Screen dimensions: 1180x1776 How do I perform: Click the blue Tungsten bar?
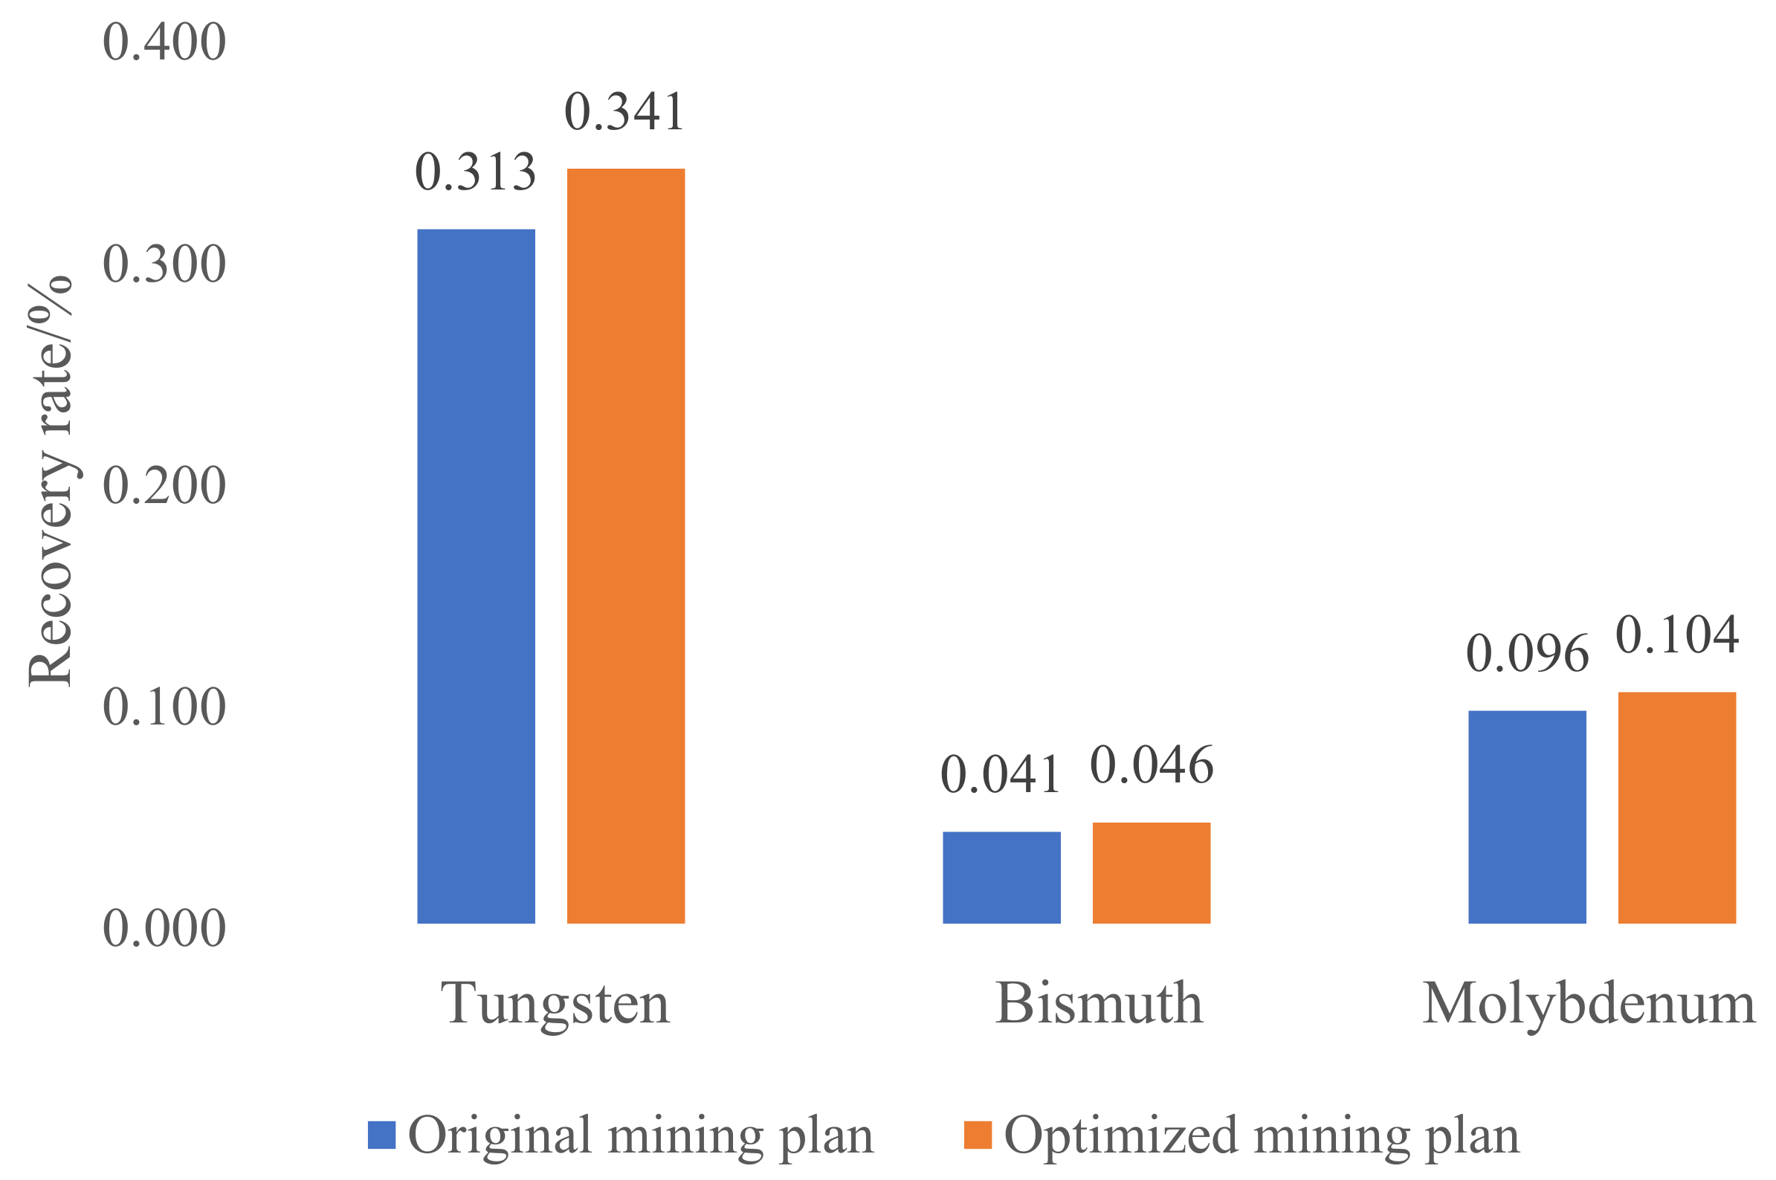coord(476,575)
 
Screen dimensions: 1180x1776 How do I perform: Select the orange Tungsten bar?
coord(626,545)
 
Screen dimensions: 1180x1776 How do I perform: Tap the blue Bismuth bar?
coord(1001,877)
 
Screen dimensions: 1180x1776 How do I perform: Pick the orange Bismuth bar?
coord(1151,872)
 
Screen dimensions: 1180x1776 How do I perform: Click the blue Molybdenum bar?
coord(1527,817)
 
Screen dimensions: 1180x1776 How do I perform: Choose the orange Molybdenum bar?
coord(1676,808)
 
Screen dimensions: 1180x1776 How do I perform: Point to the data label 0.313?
coord(476,172)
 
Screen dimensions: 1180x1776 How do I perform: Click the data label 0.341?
coord(625,112)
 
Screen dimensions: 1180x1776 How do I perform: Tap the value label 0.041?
coord(1001,775)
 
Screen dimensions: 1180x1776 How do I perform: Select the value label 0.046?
coord(1151,765)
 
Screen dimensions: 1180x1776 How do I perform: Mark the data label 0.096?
coord(1527,653)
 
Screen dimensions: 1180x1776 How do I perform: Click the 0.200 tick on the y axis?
coord(164,485)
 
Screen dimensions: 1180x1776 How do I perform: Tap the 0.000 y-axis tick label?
coord(164,928)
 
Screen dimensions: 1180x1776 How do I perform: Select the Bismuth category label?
coord(1099,1004)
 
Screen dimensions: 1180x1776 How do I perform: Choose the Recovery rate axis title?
coord(51,482)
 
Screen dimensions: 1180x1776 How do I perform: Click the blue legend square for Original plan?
coord(381,1135)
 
